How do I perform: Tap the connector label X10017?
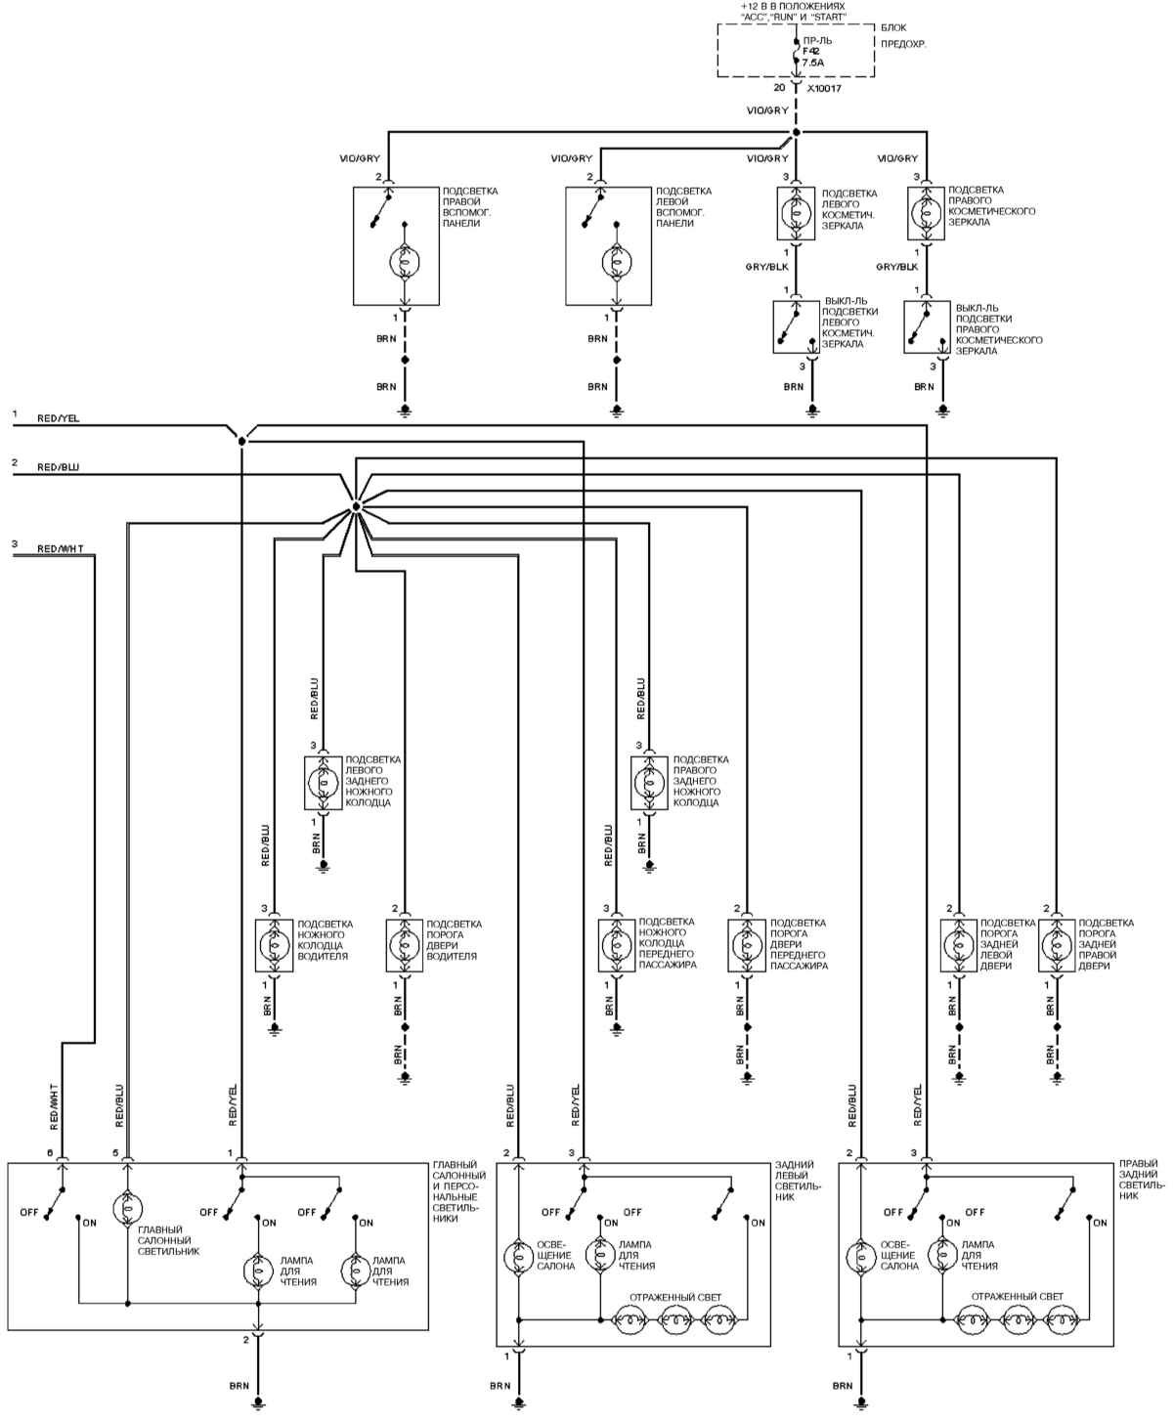tap(824, 88)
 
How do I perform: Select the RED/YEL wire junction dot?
tap(241, 441)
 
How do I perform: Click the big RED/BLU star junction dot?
tap(356, 506)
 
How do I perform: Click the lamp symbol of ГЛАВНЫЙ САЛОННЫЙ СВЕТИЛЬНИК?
tap(127, 1208)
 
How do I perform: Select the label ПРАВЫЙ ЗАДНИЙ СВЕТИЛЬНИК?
tap(1141, 1180)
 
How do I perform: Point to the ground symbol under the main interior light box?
tap(258, 1402)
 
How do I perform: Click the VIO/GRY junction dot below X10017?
tap(796, 132)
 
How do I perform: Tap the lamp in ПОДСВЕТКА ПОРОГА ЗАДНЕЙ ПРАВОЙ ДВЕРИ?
tap(1055, 945)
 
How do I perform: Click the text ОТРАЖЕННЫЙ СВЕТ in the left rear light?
tap(674, 1297)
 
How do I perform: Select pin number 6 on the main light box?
tap(49, 1153)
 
